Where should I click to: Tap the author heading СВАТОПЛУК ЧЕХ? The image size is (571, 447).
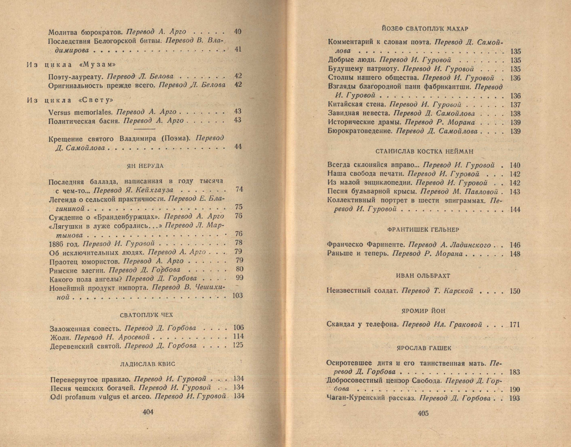click(x=146, y=315)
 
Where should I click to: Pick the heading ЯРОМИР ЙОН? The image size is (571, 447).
click(x=423, y=311)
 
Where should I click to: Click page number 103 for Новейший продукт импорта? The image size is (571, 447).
click(x=237, y=296)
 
